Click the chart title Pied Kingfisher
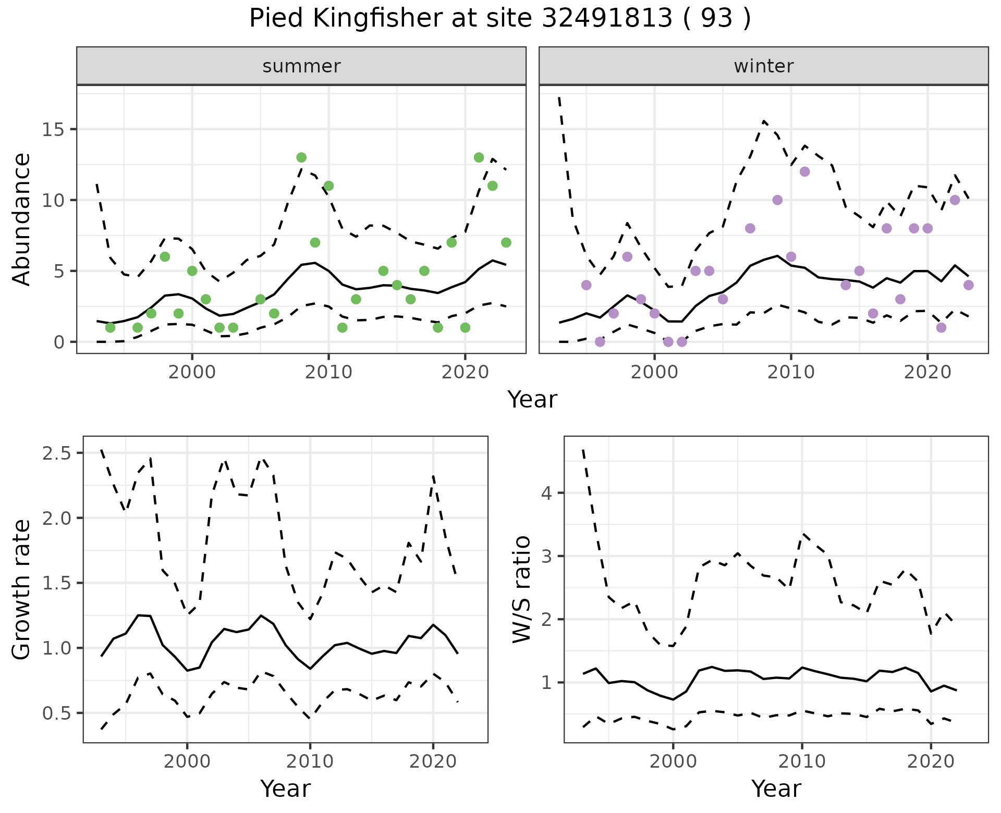coord(500,19)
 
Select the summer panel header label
coord(301,66)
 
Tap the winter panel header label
coord(763,66)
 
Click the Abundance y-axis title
coord(22,219)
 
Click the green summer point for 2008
coord(301,157)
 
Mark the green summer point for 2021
coord(479,157)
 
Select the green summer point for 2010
coord(328,186)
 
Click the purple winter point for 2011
coord(804,171)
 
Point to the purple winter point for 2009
coord(777,200)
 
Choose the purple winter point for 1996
coord(600,342)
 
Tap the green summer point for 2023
coord(506,242)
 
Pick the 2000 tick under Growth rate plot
coord(187,761)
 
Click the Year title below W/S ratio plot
coord(776,789)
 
